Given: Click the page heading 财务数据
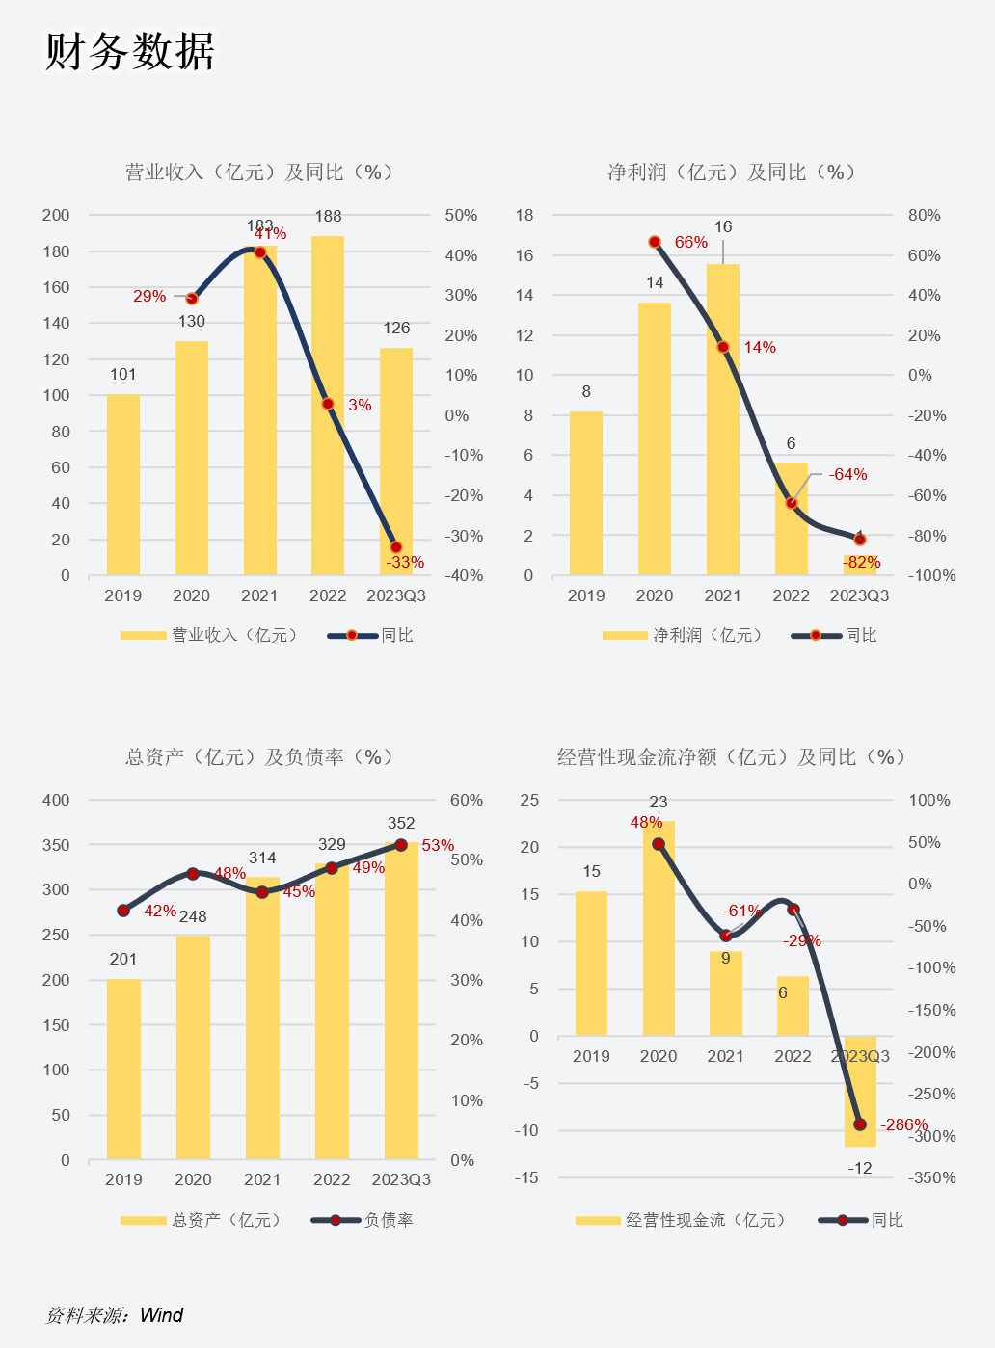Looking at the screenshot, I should (x=130, y=51).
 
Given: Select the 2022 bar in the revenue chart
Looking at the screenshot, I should (x=328, y=405).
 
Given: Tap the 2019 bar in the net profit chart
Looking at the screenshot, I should (x=586, y=493).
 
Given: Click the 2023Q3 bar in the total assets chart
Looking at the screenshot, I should (x=401, y=1002).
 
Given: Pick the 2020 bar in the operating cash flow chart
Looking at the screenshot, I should (x=659, y=930).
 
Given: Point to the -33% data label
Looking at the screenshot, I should (x=405, y=562).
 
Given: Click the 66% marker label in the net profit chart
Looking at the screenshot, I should (x=691, y=243).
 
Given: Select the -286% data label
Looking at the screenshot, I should (x=903, y=1125).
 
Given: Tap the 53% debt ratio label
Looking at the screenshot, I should (x=438, y=846).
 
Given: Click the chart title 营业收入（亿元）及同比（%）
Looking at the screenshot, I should (x=259, y=172).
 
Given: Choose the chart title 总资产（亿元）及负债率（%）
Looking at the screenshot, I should (x=259, y=757).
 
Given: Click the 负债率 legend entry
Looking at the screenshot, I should (x=388, y=1220).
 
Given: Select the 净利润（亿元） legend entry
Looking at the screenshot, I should (x=708, y=635).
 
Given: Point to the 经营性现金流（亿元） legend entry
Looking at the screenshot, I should (x=706, y=1220).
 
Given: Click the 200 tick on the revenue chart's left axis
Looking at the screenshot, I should (x=56, y=215).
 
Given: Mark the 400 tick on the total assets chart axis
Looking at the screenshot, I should (x=56, y=800).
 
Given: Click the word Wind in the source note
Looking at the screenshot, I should (x=161, y=1315).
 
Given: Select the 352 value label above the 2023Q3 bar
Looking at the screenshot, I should (x=401, y=824).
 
